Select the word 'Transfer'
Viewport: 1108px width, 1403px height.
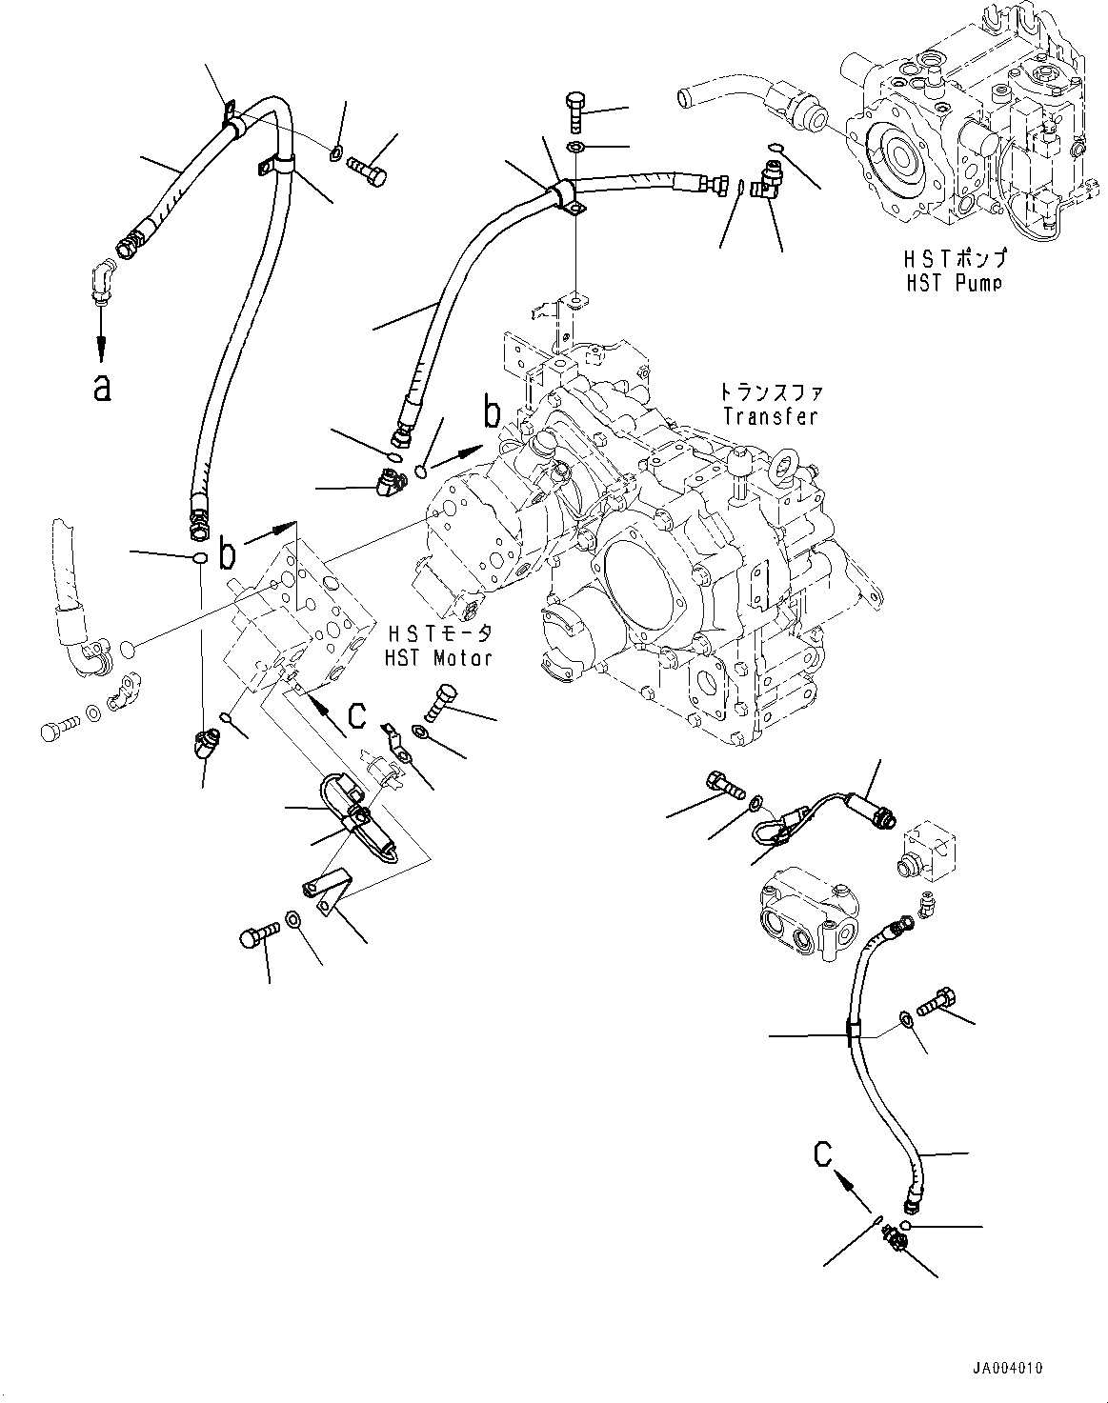(x=771, y=415)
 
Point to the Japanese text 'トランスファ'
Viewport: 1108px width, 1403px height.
(x=772, y=392)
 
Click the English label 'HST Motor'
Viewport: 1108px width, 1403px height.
(x=438, y=657)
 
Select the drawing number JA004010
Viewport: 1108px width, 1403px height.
(x=1007, y=1369)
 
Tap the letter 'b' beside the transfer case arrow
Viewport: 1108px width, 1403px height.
(x=492, y=413)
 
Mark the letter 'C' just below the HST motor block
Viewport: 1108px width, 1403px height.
(x=356, y=714)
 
